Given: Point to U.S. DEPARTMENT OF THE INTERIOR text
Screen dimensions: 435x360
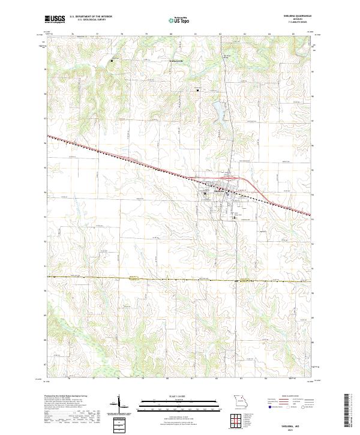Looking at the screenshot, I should click(91, 17).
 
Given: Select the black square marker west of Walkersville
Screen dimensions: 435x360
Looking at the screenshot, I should click(112, 60).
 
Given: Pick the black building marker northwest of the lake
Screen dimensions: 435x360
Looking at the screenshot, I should click(198, 91).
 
